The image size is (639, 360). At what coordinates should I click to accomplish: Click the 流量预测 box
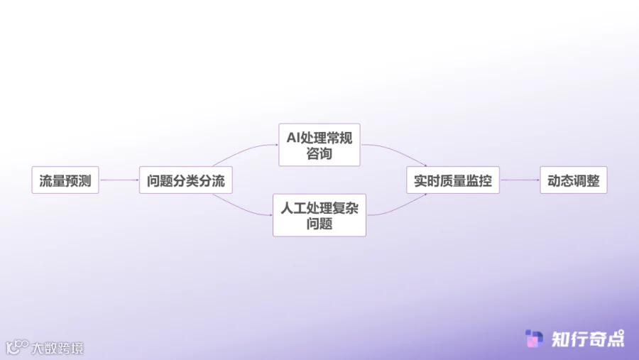[65, 180]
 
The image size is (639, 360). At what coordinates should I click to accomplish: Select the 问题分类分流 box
[185, 180]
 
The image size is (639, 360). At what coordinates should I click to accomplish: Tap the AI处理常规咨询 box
[319, 145]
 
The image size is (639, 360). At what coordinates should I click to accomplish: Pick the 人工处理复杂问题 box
[319, 215]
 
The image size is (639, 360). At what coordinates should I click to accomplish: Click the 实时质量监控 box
[452, 180]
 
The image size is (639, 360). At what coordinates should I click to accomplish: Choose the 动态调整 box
[573, 180]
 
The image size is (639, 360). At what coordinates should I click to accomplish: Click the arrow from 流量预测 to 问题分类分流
[119, 180]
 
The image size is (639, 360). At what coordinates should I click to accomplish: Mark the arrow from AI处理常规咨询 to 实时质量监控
[395, 152]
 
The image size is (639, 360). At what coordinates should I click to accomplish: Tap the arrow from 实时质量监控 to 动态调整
[520, 180]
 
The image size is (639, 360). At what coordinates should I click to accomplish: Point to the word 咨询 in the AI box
[319, 154]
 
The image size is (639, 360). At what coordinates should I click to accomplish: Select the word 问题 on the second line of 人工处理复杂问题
[319, 224]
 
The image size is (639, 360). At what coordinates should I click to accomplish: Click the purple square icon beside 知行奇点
[534, 339]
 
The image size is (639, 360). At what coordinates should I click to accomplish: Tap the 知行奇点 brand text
[588, 339]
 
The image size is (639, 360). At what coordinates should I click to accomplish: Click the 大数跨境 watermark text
[57, 348]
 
